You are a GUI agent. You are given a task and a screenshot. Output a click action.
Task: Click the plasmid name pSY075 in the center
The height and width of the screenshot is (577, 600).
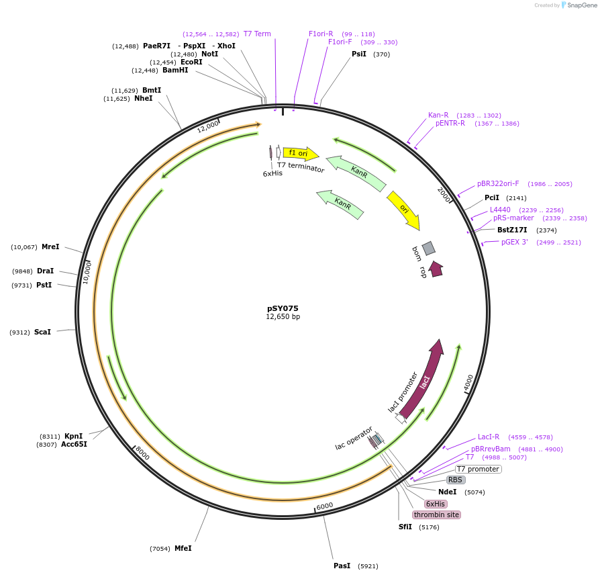point(283,308)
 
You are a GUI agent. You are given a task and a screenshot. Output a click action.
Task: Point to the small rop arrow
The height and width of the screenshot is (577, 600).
point(436,269)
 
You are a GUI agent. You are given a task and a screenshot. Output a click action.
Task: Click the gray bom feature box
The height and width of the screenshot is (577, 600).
point(428,248)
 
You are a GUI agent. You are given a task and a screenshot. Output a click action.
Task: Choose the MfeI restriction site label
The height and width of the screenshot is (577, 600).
point(183,548)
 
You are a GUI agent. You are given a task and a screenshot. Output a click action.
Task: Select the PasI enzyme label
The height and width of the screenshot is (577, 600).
point(342,566)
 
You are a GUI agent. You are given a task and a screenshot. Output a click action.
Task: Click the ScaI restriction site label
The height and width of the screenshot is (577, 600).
point(42,332)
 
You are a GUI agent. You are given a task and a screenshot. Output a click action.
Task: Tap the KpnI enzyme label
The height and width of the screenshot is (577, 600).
point(73,436)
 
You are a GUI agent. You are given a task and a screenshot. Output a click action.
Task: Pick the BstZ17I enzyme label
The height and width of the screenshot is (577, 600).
point(512,230)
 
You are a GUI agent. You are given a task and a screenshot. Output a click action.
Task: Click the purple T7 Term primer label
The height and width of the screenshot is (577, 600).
point(257,34)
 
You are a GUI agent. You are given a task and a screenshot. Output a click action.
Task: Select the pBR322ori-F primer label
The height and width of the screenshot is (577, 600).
point(498,183)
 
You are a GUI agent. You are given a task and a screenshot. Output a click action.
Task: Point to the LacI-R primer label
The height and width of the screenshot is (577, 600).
point(489,437)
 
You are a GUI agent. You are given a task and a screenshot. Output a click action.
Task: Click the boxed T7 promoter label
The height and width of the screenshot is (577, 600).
point(478,469)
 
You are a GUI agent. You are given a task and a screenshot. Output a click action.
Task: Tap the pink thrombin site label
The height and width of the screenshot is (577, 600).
point(436,515)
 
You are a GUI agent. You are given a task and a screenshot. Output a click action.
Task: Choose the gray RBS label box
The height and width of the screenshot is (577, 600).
point(456,480)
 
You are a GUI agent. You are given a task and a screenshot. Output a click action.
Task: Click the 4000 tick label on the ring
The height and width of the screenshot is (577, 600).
point(468,382)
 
